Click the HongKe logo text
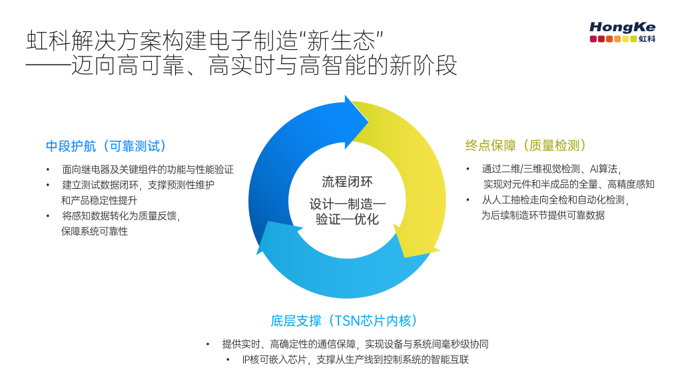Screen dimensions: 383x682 622,27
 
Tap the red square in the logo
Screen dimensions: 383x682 593,39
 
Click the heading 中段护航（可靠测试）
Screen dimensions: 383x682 106,146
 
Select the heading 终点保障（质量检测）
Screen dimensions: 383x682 525,145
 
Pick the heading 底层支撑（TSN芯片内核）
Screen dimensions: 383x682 344,320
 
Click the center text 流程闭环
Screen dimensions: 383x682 346,182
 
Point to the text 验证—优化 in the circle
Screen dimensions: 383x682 347,219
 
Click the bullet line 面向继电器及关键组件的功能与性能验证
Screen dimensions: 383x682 148,170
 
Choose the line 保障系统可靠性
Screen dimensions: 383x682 95,231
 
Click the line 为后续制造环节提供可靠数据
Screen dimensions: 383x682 543,215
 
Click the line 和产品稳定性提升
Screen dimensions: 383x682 100,200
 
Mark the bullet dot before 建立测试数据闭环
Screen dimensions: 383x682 47,185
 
